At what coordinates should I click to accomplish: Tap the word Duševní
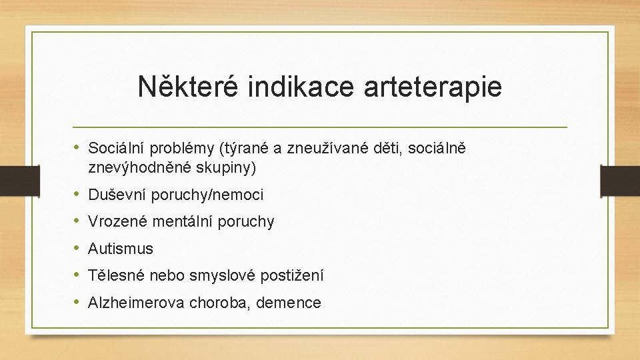coord(117,195)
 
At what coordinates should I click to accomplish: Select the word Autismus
coord(121,249)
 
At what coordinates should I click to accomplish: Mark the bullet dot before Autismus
coord(77,249)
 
